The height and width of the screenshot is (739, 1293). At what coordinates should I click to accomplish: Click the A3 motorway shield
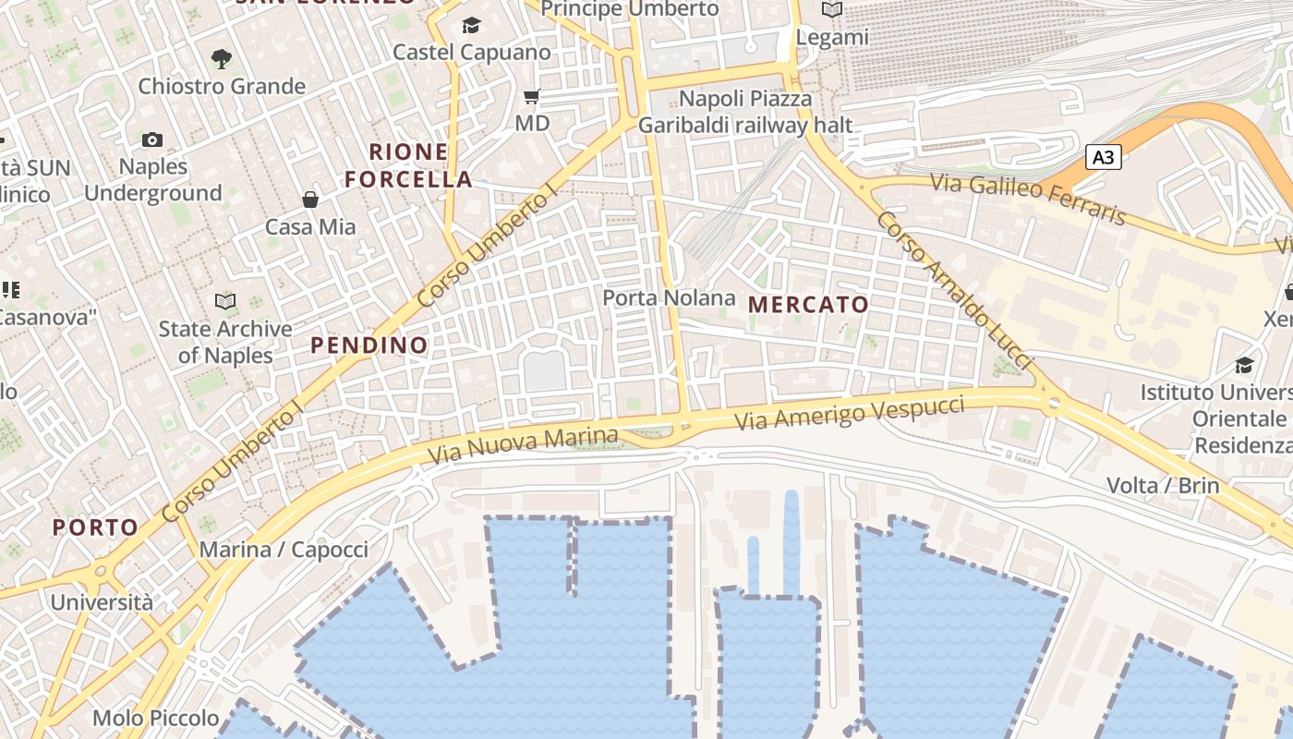(x=1103, y=157)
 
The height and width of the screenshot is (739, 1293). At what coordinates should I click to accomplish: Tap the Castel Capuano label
(x=472, y=52)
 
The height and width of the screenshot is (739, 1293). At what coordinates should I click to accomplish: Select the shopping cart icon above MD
(x=531, y=96)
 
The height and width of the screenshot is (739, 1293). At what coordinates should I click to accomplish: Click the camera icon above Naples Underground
(x=152, y=139)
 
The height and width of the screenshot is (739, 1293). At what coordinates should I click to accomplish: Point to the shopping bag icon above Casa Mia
(x=310, y=200)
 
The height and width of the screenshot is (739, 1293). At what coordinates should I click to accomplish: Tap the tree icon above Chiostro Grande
(x=221, y=59)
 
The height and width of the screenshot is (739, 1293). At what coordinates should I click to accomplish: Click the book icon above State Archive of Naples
(x=224, y=301)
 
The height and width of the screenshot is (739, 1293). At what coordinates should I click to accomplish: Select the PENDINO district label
(x=369, y=345)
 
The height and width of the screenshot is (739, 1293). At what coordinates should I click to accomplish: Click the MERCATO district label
(x=808, y=304)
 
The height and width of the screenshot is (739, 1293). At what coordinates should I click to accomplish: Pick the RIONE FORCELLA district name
(x=409, y=165)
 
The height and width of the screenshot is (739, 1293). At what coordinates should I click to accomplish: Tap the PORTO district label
(x=95, y=527)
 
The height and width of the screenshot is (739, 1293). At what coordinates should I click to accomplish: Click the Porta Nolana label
(x=669, y=297)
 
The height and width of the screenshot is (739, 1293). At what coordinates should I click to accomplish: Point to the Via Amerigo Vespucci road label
(x=850, y=412)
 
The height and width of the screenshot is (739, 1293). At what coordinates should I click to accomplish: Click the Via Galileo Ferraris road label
(x=1029, y=199)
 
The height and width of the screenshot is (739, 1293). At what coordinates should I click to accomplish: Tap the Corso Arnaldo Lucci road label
(x=953, y=290)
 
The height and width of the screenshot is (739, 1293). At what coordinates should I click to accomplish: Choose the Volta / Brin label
(x=1163, y=485)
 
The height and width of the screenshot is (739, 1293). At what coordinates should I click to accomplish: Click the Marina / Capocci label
(x=284, y=550)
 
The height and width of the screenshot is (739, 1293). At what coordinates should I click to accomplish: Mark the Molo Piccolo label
(x=156, y=718)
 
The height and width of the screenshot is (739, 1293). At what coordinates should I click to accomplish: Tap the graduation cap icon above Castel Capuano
(x=471, y=25)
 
